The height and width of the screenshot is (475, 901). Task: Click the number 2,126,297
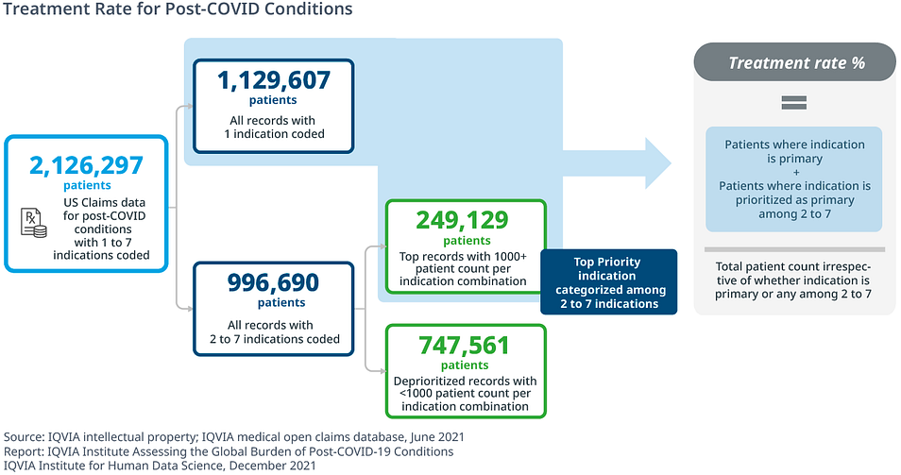tap(86, 166)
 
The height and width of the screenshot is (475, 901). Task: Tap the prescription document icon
tap(34, 224)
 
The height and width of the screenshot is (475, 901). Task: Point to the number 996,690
tap(273, 283)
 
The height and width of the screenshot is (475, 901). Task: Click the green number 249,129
tap(463, 221)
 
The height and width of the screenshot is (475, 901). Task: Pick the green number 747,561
tap(463, 346)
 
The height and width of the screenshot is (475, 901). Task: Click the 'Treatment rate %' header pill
tap(796, 63)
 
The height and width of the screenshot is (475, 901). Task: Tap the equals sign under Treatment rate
tap(793, 102)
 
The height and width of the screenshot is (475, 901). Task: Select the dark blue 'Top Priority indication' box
tap(608, 281)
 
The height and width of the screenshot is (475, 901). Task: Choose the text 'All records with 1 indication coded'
tap(273, 127)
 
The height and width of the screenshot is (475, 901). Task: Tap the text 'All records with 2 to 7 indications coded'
tap(273, 331)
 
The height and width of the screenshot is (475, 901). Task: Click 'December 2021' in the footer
tap(282, 466)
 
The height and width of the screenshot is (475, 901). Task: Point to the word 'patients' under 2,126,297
tap(86, 185)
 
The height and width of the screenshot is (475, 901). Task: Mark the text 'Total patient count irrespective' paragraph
tap(793, 280)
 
